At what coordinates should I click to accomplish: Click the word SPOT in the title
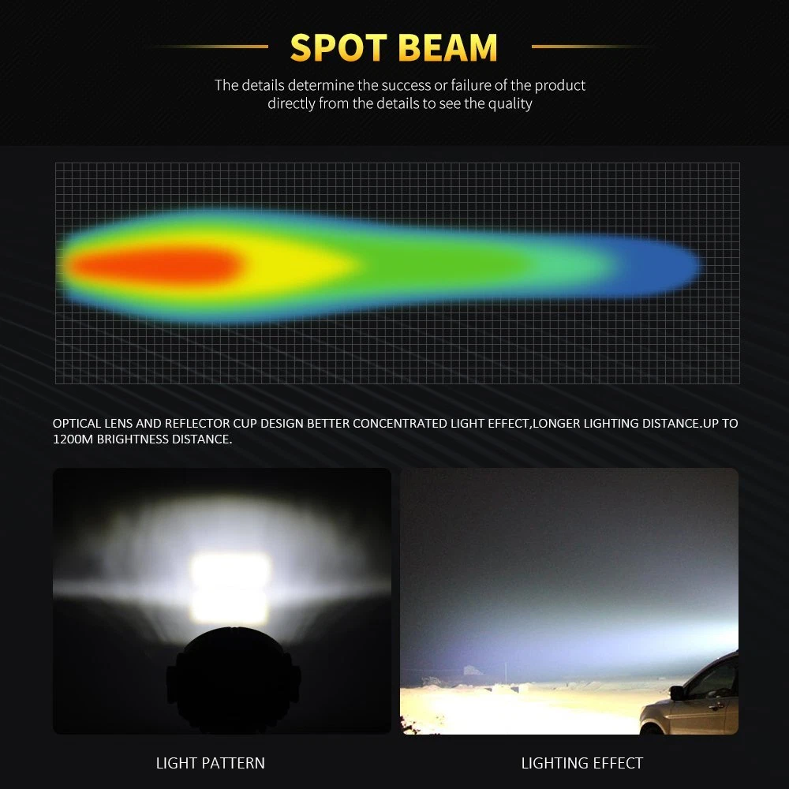click(x=338, y=48)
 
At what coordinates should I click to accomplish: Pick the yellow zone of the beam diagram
click(x=297, y=264)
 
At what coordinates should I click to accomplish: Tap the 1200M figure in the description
click(x=73, y=439)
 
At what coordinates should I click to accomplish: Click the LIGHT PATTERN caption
click(x=211, y=763)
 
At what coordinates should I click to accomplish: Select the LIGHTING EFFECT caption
click(x=582, y=763)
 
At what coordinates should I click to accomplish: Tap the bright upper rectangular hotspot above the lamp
click(x=230, y=570)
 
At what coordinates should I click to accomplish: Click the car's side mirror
click(x=677, y=693)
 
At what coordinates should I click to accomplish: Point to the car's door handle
click(x=714, y=706)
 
